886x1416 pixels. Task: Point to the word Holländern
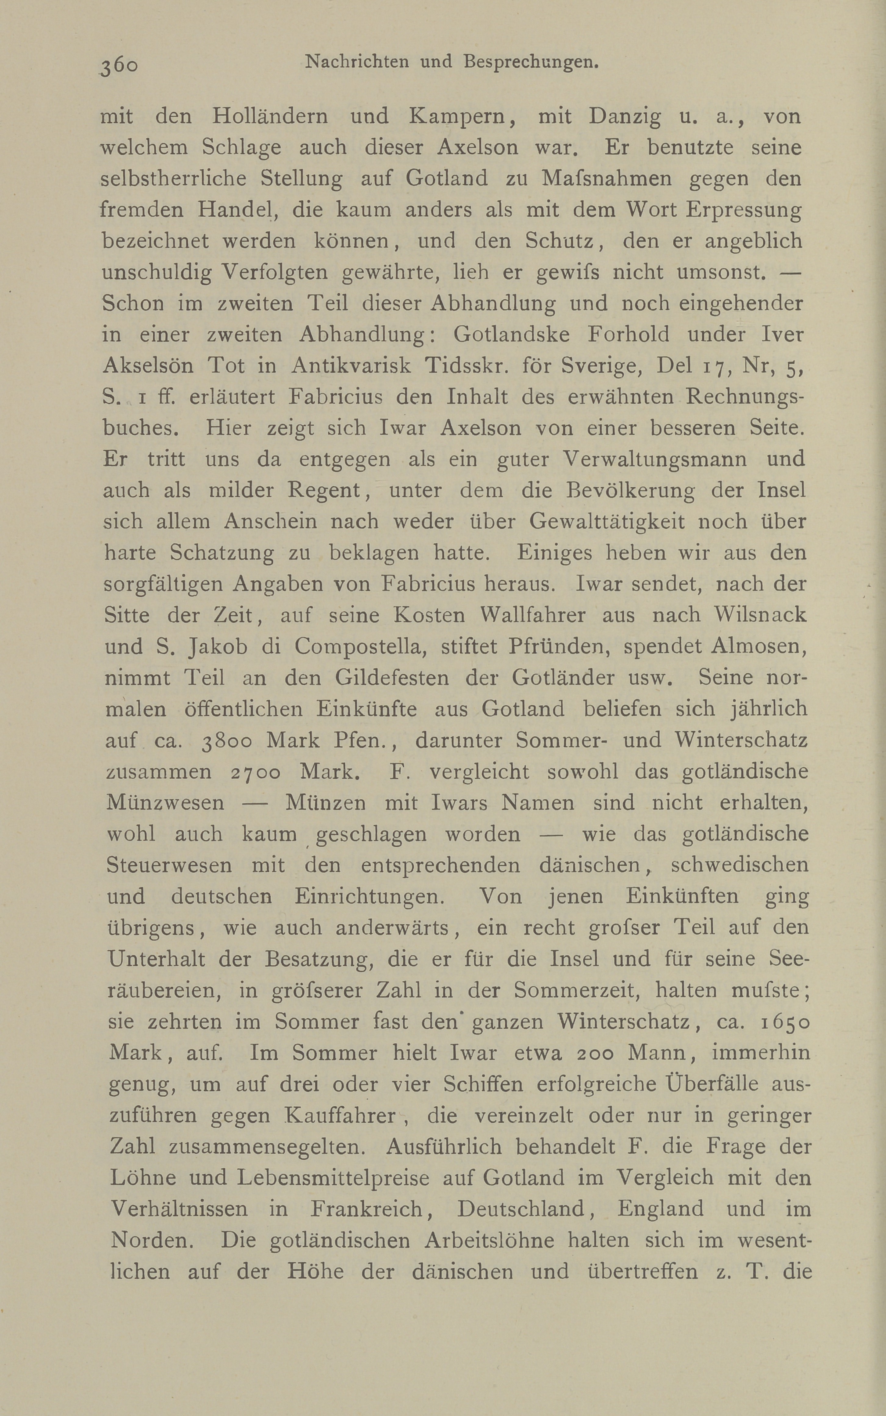click(x=269, y=116)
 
